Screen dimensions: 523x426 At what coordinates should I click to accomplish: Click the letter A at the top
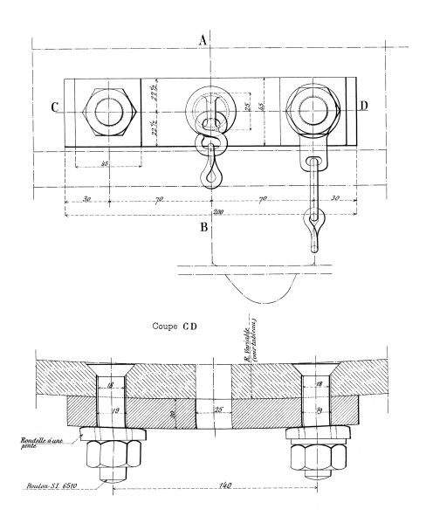pyautogui.click(x=203, y=38)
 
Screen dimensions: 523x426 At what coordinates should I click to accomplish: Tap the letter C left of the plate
pyautogui.click(x=55, y=108)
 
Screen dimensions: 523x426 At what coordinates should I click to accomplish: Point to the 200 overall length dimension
pyautogui.click(x=213, y=212)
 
